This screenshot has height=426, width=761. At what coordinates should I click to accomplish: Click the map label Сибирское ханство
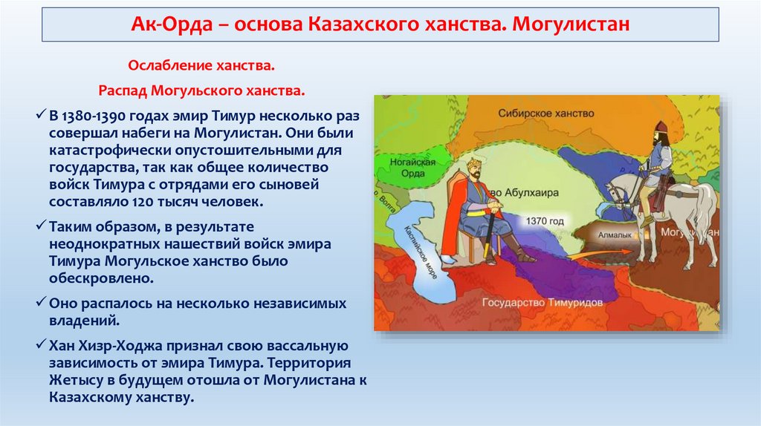546,114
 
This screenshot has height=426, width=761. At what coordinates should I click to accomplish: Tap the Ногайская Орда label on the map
412,168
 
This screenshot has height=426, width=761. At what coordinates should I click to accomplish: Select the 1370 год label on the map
545,221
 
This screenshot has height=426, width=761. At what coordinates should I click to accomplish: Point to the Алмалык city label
615,235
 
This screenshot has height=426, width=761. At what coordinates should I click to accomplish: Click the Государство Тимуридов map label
542,302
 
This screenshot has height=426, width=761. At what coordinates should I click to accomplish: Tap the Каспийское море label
421,252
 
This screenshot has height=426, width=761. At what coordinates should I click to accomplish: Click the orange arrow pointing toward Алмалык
600,254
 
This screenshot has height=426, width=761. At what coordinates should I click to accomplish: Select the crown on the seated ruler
473,163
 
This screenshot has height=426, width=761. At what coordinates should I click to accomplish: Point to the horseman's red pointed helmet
660,128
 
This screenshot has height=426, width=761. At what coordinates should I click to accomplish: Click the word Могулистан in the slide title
571,24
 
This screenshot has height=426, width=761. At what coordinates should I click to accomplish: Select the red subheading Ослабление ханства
201,65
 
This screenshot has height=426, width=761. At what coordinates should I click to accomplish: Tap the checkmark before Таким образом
41,226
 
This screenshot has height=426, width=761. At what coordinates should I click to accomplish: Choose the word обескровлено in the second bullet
101,278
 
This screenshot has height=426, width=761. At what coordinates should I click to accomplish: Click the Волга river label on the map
386,203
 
